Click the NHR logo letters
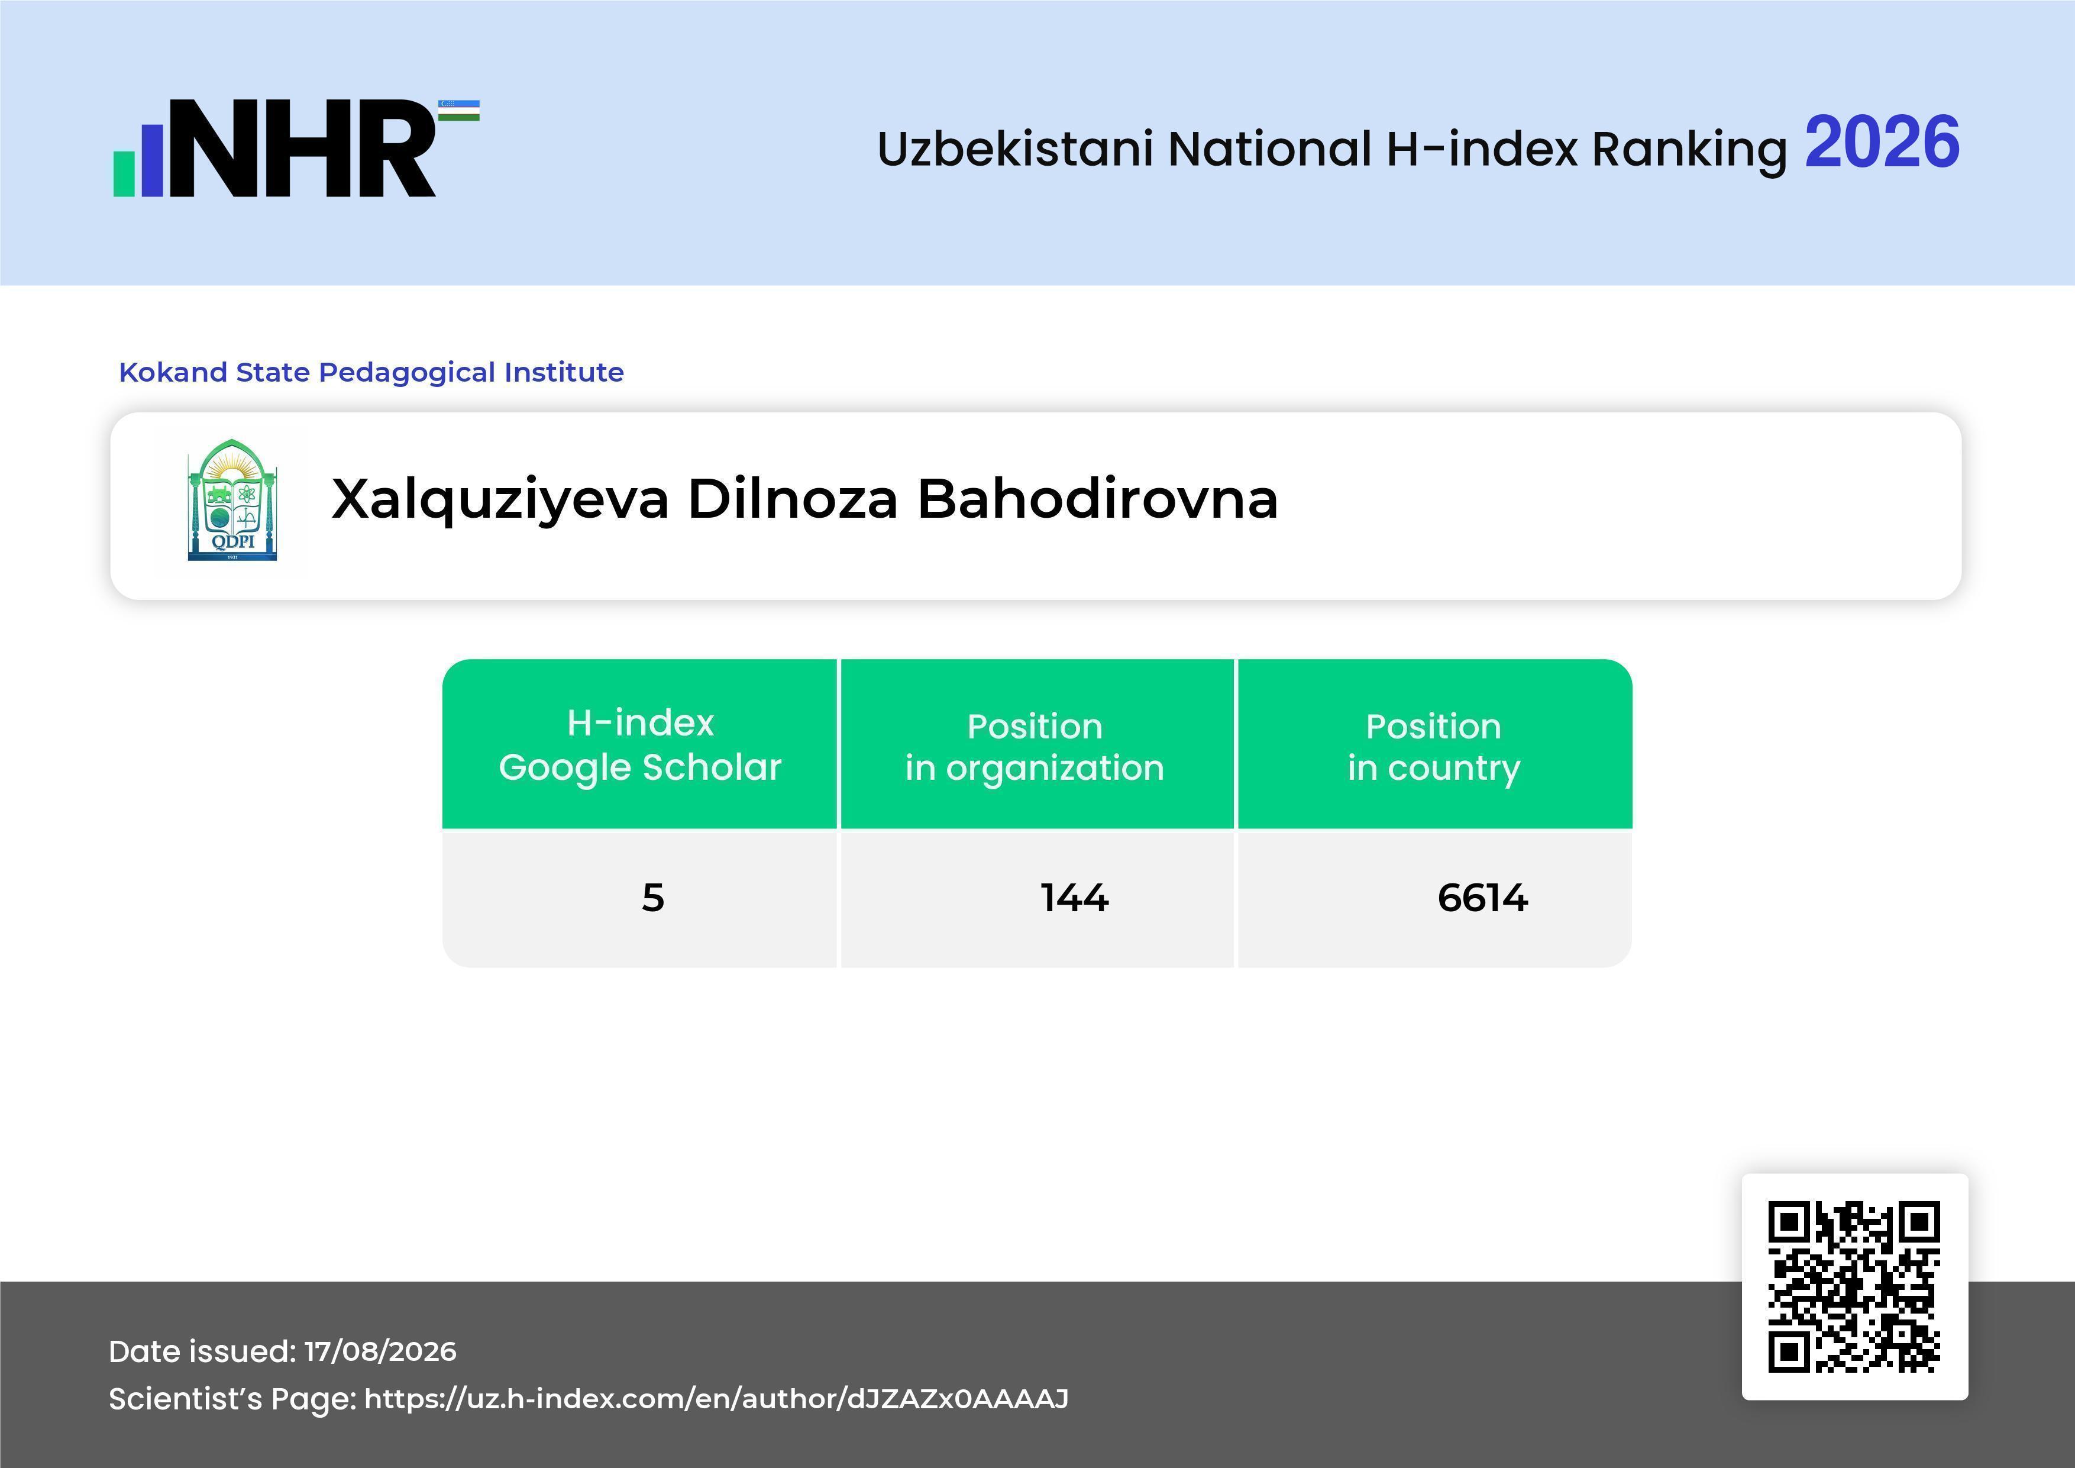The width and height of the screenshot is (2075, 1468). coord(303,149)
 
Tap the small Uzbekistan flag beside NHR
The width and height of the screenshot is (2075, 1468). coord(459,110)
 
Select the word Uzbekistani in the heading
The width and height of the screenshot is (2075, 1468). coord(1015,149)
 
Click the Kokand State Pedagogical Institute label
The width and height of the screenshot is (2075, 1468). coord(371,372)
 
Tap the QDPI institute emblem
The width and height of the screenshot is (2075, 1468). coord(232,500)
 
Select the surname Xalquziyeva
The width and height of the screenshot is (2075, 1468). coord(500,500)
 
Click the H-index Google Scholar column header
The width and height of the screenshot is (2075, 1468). coord(640,745)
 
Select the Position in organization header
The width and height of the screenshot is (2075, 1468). coord(1035,747)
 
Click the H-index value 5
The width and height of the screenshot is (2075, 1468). coord(652,898)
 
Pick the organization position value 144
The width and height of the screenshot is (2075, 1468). coord(1075,898)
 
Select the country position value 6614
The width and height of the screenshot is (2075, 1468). coord(1483,898)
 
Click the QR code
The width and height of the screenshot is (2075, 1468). coord(1854,1286)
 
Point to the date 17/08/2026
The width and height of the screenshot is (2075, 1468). coord(380,1351)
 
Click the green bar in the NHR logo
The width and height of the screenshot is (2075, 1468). coord(124,173)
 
